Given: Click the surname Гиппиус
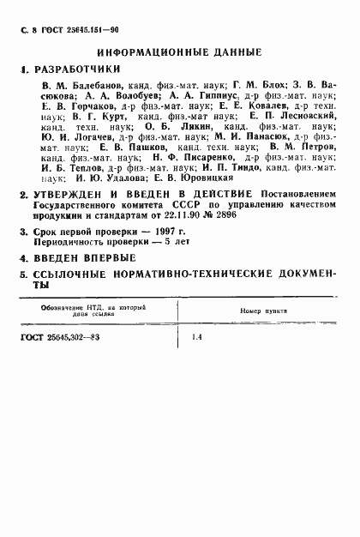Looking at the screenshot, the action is click(x=214, y=100).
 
